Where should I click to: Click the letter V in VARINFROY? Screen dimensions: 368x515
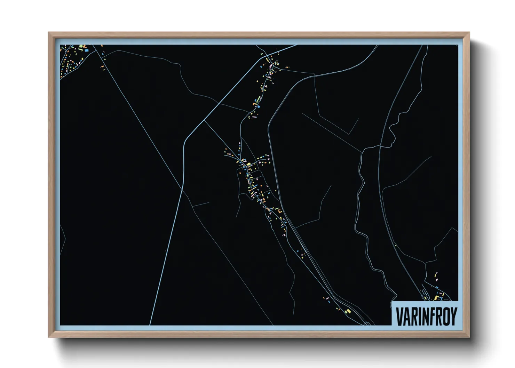click(399, 316)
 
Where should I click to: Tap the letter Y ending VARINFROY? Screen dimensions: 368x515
click(452, 316)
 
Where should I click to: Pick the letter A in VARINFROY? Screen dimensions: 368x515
click(406, 316)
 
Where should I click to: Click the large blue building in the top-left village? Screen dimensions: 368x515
click(86, 50)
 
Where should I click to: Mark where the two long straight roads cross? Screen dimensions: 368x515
click(183, 190)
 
